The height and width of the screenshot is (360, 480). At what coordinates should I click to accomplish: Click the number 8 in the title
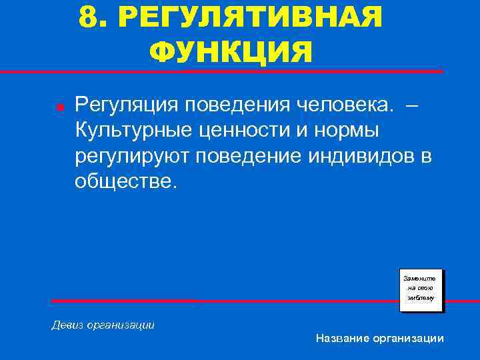pyautogui.click(x=88, y=18)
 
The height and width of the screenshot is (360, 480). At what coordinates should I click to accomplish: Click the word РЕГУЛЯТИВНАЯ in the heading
pyautogui.click(x=251, y=18)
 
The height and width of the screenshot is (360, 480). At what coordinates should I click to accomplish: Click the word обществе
pyautogui.click(x=126, y=181)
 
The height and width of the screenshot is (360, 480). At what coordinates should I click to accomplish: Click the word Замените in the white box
pyautogui.click(x=420, y=277)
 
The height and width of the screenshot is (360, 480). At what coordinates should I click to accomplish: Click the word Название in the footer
pyautogui.click(x=341, y=339)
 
